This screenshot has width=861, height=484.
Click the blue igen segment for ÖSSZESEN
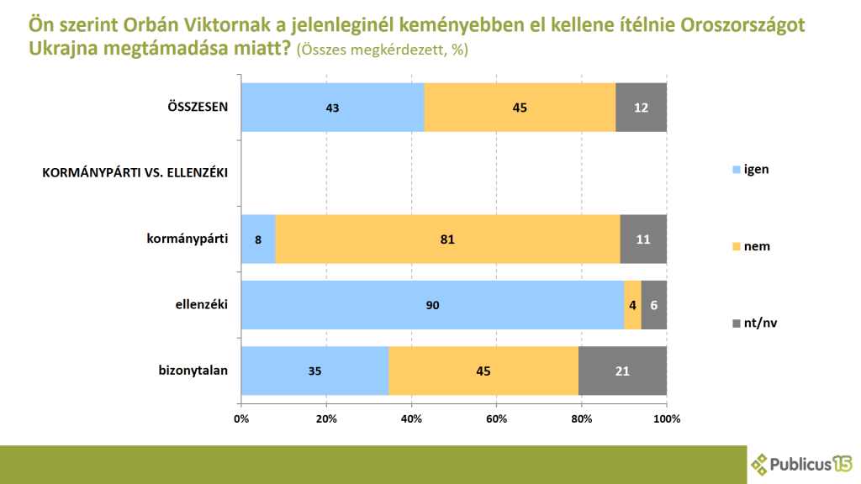click(332, 107)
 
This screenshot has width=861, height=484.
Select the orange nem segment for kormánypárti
click(447, 239)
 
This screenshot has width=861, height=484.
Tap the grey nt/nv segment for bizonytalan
click(622, 371)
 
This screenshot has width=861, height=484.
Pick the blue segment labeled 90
click(432, 305)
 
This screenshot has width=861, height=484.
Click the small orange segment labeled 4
click(632, 305)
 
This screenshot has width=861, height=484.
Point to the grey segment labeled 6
click(654, 305)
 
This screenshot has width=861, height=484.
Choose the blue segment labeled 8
click(258, 239)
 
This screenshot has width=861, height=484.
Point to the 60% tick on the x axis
click(497, 418)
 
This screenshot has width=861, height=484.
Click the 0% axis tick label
click(241, 418)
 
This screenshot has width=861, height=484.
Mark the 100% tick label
click(666, 418)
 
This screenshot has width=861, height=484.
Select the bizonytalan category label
click(193, 371)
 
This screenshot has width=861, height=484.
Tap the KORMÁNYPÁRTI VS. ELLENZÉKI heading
click(135, 174)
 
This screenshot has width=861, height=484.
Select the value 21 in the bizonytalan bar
click(622, 371)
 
